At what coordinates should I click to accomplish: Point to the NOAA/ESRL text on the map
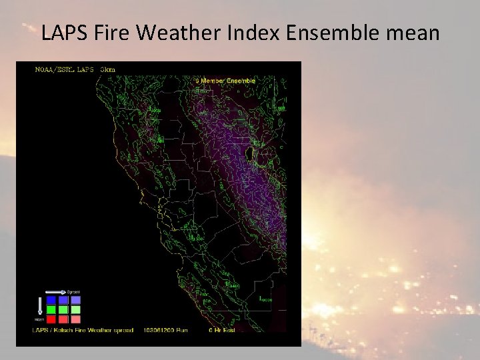[54, 69]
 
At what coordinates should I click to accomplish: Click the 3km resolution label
[107, 69]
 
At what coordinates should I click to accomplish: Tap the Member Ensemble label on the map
[227, 81]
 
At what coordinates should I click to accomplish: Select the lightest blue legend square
[76, 300]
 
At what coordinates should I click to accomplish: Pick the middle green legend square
[63, 309]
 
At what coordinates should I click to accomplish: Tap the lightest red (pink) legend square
[76, 319]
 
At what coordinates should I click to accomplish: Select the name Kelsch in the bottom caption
[65, 330]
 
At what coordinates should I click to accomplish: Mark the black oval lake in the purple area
[249, 155]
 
